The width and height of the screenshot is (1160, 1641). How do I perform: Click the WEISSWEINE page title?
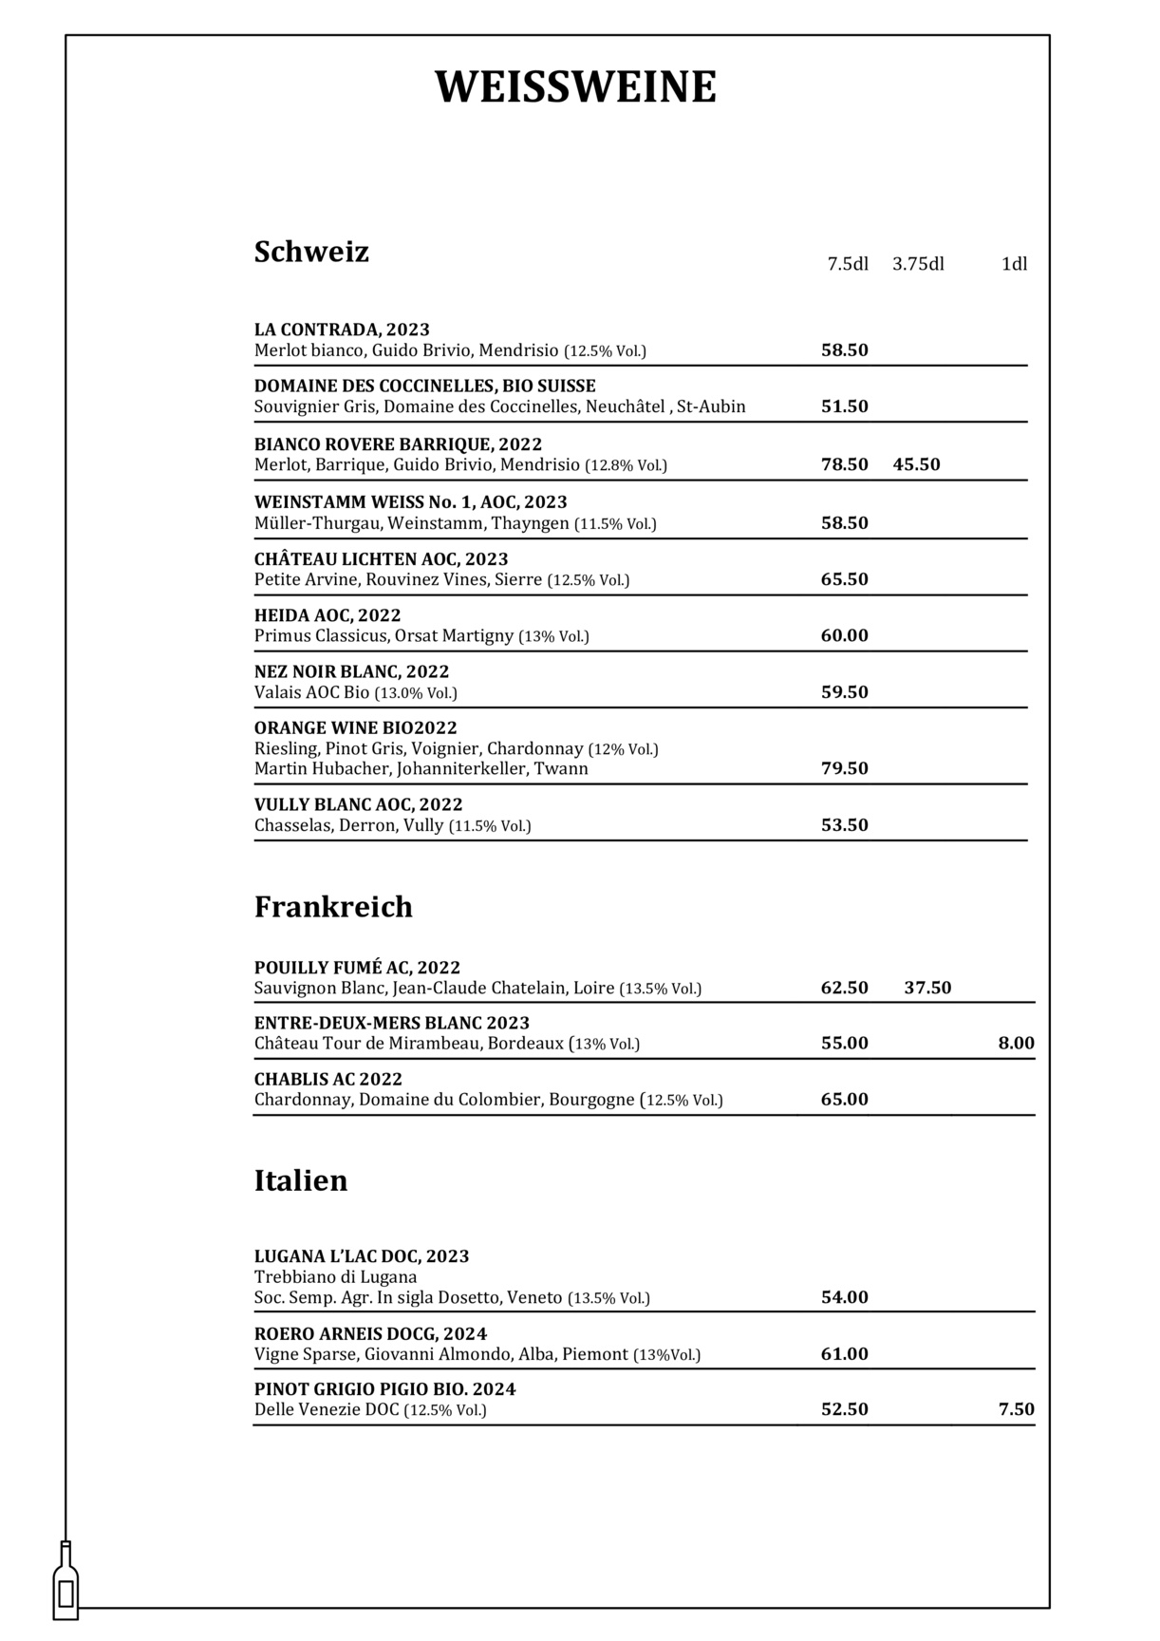click(575, 87)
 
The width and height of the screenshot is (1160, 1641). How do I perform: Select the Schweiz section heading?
click(311, 253)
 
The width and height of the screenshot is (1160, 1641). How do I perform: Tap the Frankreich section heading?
click(333, 907)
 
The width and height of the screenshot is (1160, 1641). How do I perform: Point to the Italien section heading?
click(301, 1180)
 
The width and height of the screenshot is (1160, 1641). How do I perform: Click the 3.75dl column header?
click(918, 264)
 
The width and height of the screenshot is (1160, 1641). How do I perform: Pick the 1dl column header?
click(1014, 264)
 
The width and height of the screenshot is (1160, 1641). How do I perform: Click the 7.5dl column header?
click(848, 264)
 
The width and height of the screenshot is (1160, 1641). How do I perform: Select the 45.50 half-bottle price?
click(916, 464)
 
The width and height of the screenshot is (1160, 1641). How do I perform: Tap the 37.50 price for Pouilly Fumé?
click(927, 988)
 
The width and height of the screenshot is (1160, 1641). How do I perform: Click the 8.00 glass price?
click(1016, 1043)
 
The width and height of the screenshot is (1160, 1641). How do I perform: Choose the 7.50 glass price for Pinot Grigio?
click(1016, 1409)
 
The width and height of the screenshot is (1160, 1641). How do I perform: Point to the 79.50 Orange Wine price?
click(844, 768)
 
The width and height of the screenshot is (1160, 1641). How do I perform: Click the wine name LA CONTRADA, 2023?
click(342, 330)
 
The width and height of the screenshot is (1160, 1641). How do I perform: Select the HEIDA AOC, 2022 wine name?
click(327, 615)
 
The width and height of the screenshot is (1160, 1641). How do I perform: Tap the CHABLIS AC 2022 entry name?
click(328, 1079)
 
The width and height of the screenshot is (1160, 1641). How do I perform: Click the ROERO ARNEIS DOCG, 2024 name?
click(370, 1333)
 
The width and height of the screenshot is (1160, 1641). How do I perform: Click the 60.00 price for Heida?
click(844, 635)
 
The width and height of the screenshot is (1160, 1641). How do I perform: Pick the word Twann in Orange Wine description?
click(561, 768)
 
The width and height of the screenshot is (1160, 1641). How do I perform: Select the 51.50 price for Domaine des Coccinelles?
click(844, 406)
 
